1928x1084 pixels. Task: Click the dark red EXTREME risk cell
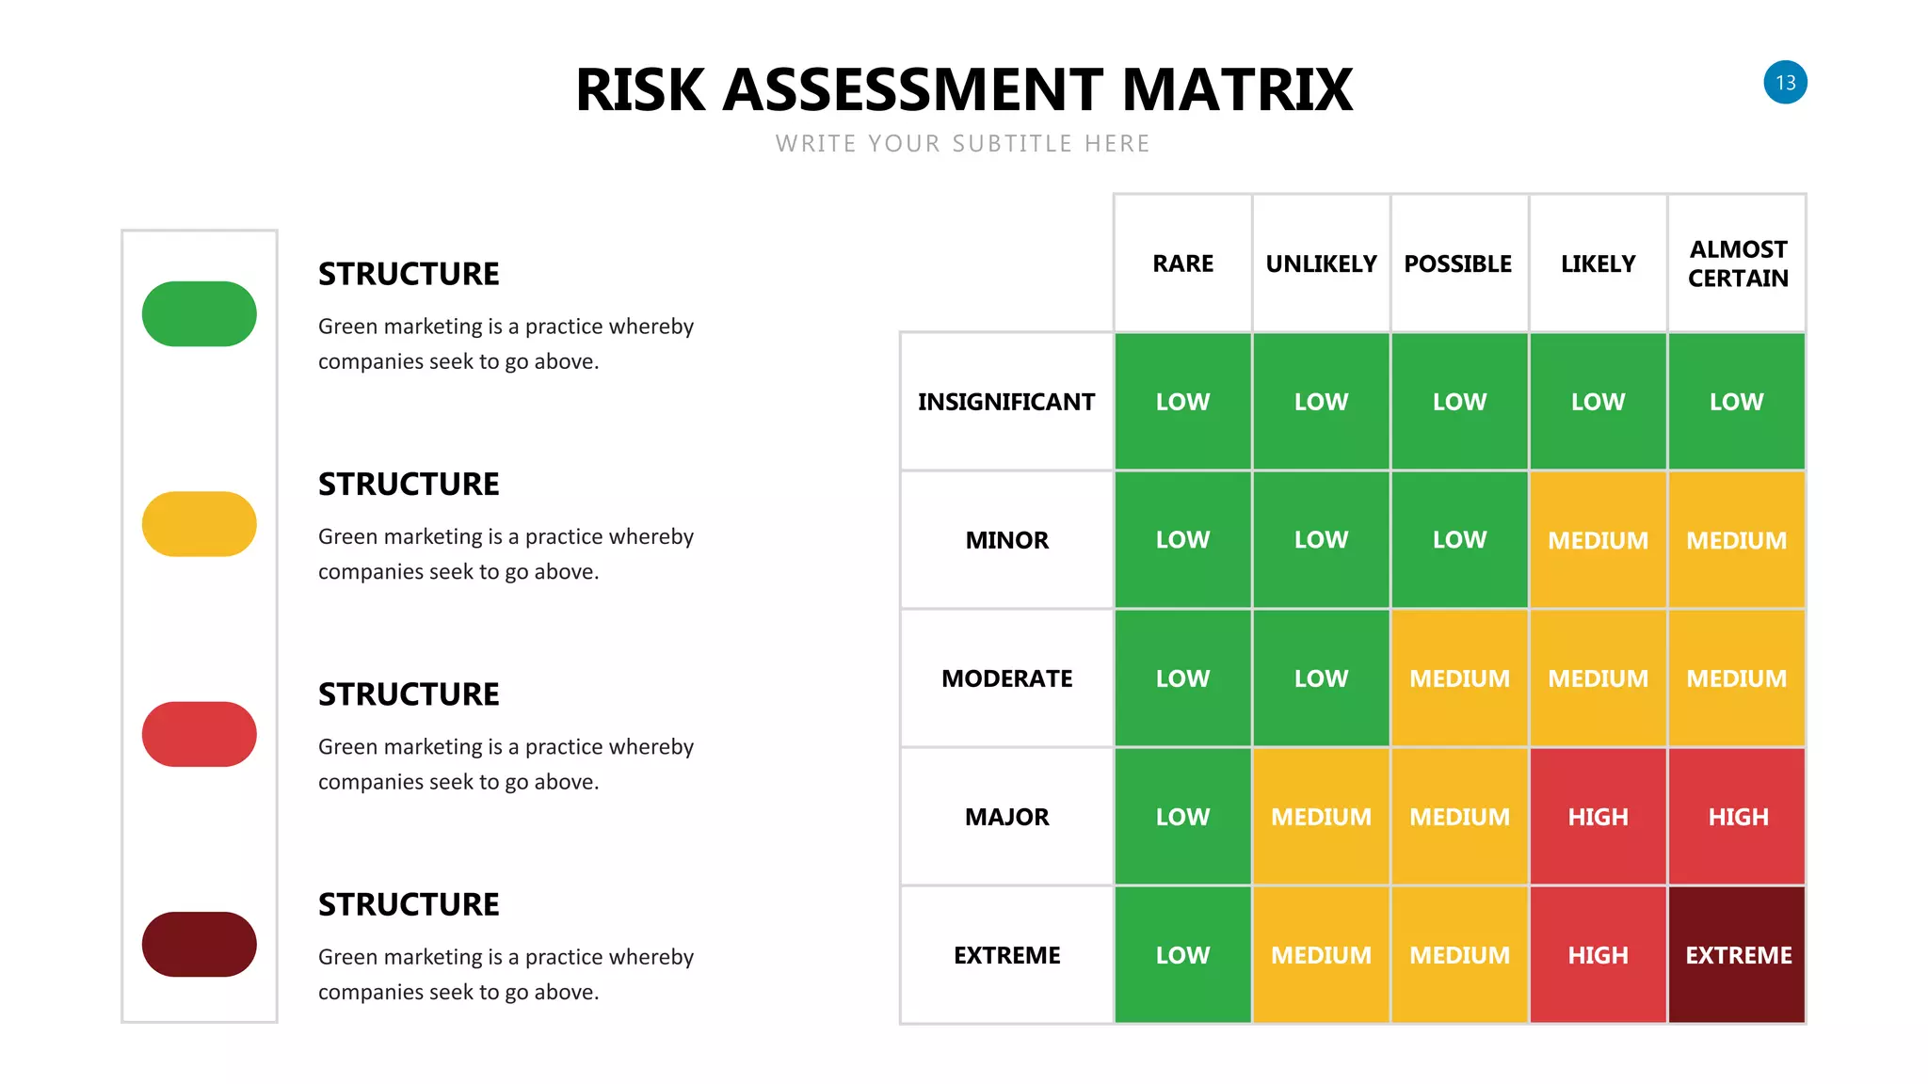click(x=1737, y=954)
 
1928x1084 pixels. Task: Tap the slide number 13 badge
click(x=1785, y=83)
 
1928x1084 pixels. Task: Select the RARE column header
click(x=1182, y=263)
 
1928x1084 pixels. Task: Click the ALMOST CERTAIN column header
click(x=1737, y=263)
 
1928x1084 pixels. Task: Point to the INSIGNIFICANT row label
click(x=1006, y=402)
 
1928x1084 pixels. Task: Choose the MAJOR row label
click(x=1006, y=817)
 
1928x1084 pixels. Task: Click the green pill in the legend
click(x=200, y=314)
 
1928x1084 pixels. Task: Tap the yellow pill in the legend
click(x=200, y=524)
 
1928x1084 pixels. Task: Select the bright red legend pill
click(x=200, y=734)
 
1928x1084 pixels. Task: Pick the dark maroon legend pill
click(x=200, y=944)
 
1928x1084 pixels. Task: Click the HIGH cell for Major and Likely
click(x=1598, y=817)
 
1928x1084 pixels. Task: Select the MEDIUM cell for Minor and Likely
click(x=1598, y=540)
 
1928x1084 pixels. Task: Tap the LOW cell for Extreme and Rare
click(x=1182, y=954)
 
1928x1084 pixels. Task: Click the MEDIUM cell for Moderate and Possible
click(x=1459, y=678)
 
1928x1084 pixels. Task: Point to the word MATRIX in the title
click(x=1237, y=90)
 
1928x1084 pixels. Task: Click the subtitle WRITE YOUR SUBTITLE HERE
click(x=963, y=144)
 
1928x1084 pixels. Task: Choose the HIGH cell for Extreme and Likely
click(x=1598, y=954)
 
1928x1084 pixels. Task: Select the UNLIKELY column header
click(x=1321, y=263)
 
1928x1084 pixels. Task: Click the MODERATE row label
click(x=1006, y=678)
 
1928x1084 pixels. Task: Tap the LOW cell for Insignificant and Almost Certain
click(x=1737, y=402)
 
